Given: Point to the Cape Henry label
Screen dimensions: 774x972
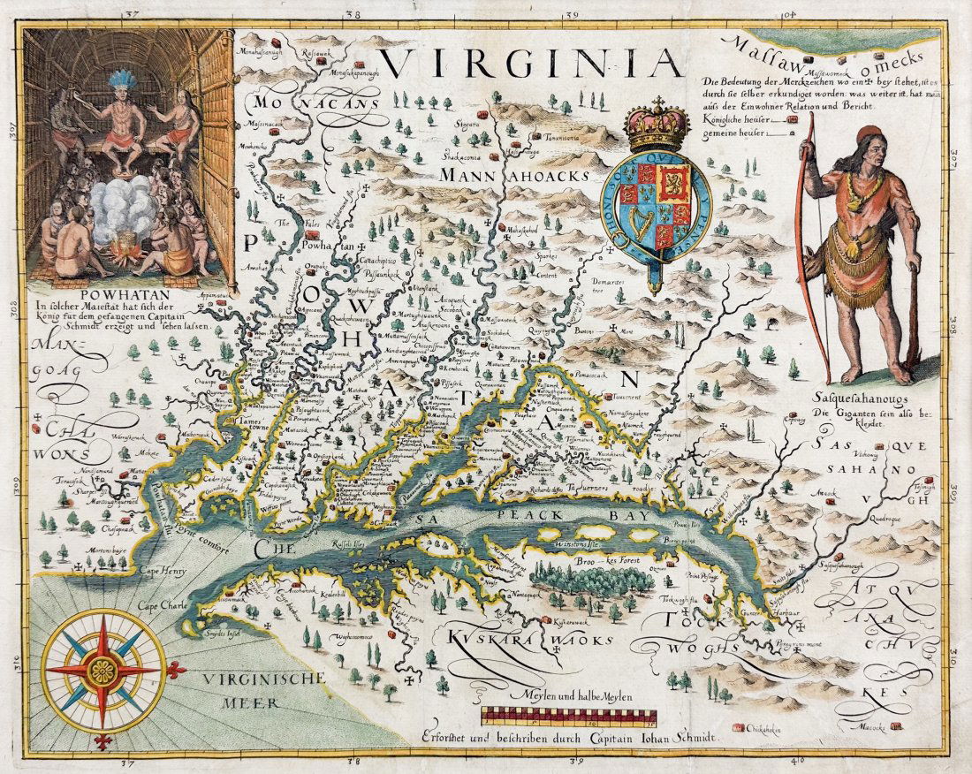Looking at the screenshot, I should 163,572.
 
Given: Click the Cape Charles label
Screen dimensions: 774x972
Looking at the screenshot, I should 160,607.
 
